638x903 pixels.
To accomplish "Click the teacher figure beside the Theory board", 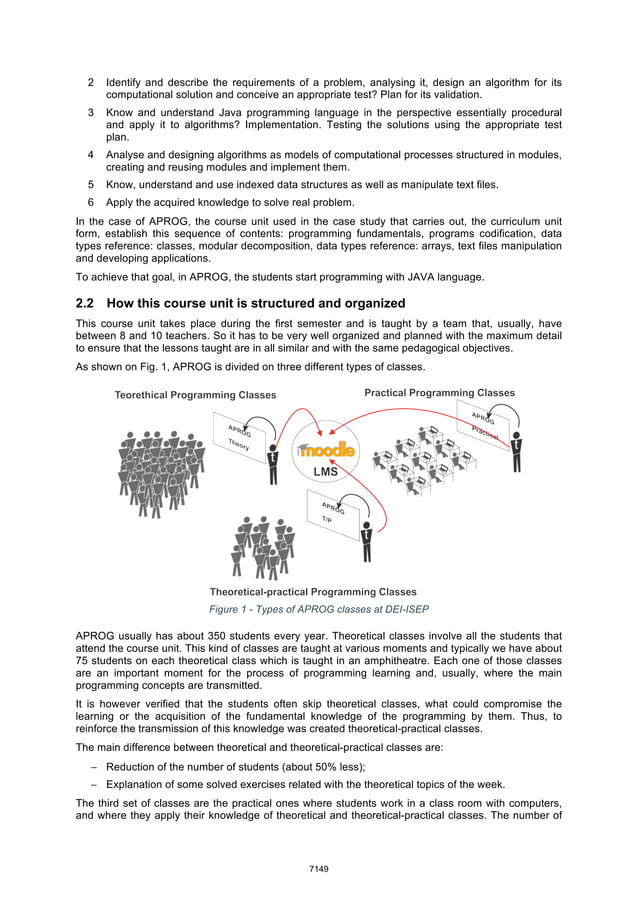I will pyautogui.click(x=271, y=464).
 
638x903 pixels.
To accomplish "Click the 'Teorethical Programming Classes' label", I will pyautogui.click(x=195, y=395).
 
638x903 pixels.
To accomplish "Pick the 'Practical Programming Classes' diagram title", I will pyautogui.click(x=439, y=393).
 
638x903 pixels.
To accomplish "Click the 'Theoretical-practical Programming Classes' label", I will pyautogui.click(x=312, y=592).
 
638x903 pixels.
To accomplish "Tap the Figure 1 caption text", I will pyautogui.click(x=318, y=610).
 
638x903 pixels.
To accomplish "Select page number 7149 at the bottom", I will pyautogui.click(x=318, y=869).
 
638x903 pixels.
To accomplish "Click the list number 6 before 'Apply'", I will pyautogui.click(x=91, y=201).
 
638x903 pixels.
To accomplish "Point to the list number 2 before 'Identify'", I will pyautogui.click(x=91, y=82).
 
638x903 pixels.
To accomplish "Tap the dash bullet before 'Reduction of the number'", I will pyautogui.click(x=93, y=767).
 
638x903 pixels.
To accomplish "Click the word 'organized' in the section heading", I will pyautogui.click(x=368, y=303).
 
